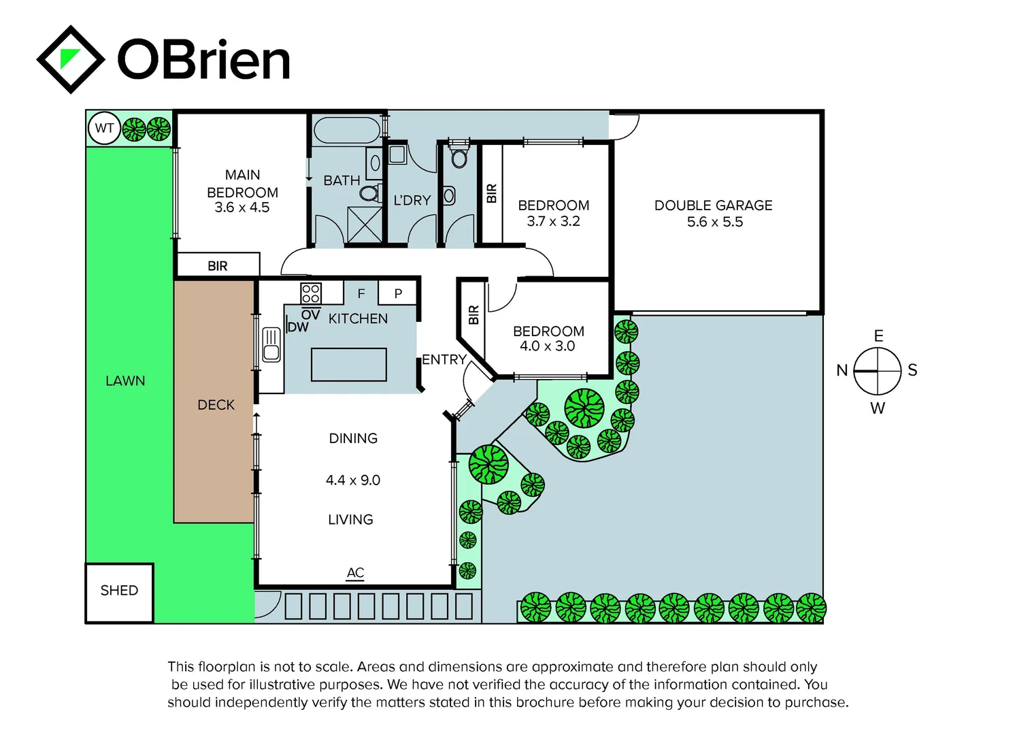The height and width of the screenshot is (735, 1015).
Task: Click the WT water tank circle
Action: pyautogui.click(x=104, y=128)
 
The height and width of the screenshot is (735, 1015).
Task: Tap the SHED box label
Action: pyautogui.click(x=119, y=591)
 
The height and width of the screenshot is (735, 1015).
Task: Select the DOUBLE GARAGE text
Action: pyautogui.click(x=713, y=205)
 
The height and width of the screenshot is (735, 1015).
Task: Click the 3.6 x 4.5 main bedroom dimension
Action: pyautogui.click(x=242, y=208)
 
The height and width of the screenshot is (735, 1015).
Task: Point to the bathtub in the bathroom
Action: pyautogui.click(x=347, y=130)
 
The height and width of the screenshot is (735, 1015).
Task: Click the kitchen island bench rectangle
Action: pyautogui.click(x=349, y=364)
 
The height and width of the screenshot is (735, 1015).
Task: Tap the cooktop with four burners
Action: pyautogui.click(x=311, y=293)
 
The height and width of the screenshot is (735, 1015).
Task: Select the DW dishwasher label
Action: pyautogui.click(x=298, y=327)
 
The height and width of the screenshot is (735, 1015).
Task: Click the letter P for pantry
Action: pyautogui.click(x=399, y=293)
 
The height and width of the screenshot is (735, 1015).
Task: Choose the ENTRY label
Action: pyautogui.click(x=444, y=359)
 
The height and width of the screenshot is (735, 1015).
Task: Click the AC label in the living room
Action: pyautogui.click(x=355, y=572)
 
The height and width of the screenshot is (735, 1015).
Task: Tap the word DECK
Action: pyautogui.click(x=216, y=405)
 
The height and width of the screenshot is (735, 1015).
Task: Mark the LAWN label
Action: pyautogui.click(x=125, y=381)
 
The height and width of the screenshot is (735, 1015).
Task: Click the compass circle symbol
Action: pyautogui.click(x=878, y=371)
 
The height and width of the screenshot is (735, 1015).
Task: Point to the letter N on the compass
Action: pyautogui.click(x=842, y=370)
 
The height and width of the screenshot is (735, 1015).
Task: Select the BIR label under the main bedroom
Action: pyautogui.click(x=218, y=266)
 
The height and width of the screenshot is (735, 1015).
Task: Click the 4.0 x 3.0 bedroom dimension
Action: pyautogui.click(x=548, y=346)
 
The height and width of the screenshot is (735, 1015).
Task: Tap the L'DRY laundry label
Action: pyautogui.click(x=412, y=200)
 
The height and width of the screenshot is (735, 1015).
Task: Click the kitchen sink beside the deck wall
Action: pyautogui.click(x=271, y=344)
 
